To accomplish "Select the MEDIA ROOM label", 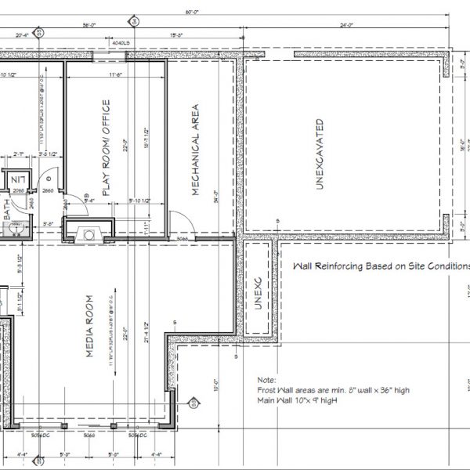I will coord(90,327).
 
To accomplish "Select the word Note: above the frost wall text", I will coord(266,377).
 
